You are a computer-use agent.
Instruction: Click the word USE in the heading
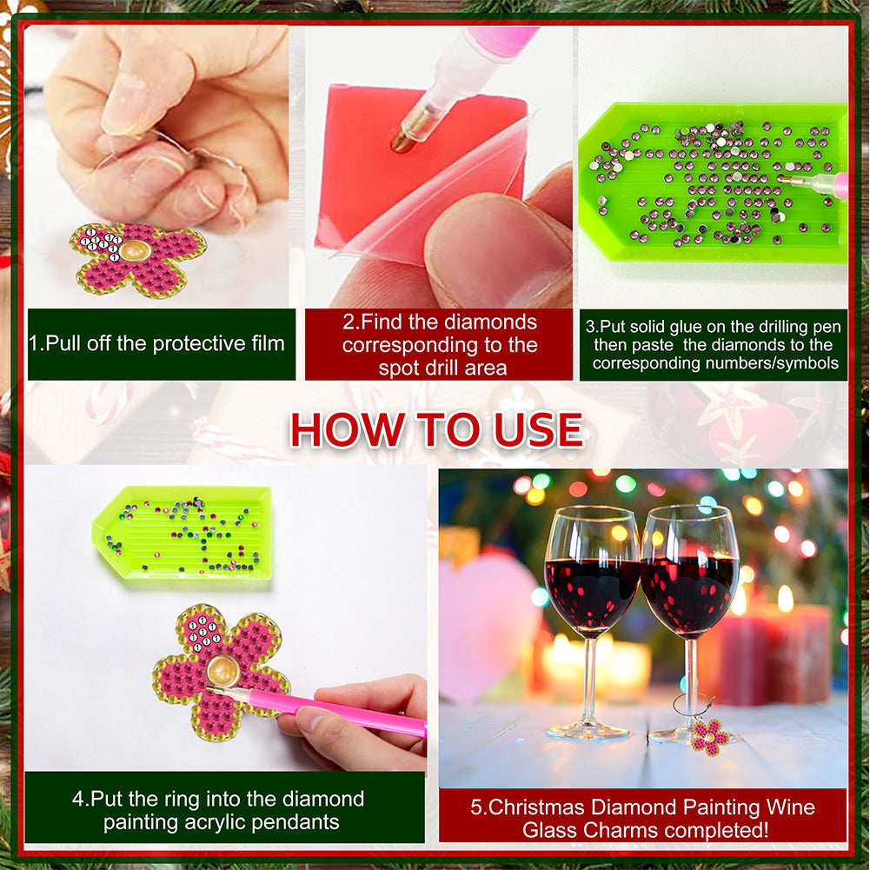click(538, 429)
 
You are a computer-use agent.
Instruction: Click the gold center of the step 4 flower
click(223, 670)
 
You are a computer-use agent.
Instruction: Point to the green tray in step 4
click(182, 533)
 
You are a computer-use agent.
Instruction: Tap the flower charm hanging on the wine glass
click(710, 737)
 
